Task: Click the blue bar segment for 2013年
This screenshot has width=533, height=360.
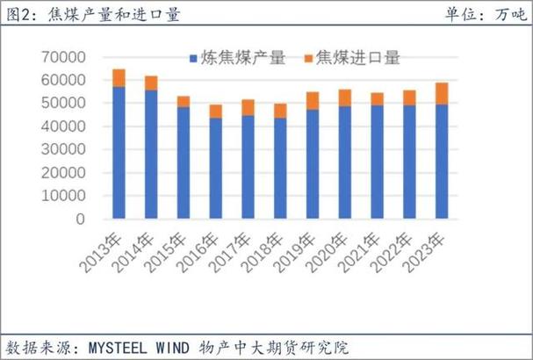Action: click(x=119, y=153)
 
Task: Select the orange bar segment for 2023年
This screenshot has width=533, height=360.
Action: click(x=441, y=93)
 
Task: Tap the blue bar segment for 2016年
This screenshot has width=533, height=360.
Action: click(x=215, y=169)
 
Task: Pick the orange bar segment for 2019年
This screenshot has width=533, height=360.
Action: click(x=312, y=101)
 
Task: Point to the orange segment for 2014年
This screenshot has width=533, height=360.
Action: click(x=151, y=83)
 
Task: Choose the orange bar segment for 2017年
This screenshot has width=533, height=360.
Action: click(x=248, y=107)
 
